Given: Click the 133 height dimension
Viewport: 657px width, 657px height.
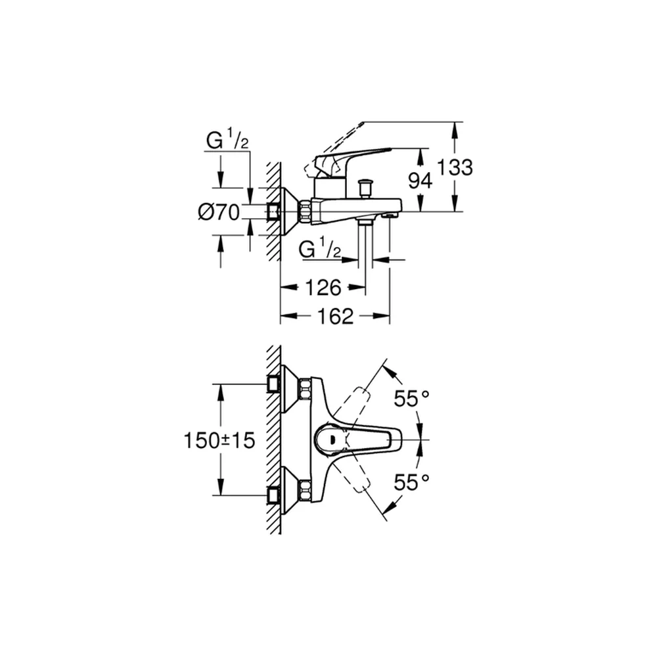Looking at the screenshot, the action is [455, 167].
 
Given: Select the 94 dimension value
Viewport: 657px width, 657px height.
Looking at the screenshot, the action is [420, 181].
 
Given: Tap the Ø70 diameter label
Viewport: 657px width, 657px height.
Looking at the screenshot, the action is [219, 212].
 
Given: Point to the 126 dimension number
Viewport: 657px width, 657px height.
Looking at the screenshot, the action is [323, 288].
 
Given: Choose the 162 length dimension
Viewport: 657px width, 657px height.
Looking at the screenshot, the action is [336, 316].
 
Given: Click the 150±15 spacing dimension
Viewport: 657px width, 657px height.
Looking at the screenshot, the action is [219, 440].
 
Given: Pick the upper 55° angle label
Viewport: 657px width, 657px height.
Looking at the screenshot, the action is [412, 398].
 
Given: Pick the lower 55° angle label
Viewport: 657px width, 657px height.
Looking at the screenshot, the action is [412, 482].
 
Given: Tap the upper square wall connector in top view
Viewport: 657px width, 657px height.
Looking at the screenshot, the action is [273, 384].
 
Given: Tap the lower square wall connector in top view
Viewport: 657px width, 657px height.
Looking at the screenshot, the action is [273, 495].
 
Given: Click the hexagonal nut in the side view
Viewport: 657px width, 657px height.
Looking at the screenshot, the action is [304, 212].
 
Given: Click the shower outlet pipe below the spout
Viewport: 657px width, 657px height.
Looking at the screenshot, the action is [366, 243].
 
